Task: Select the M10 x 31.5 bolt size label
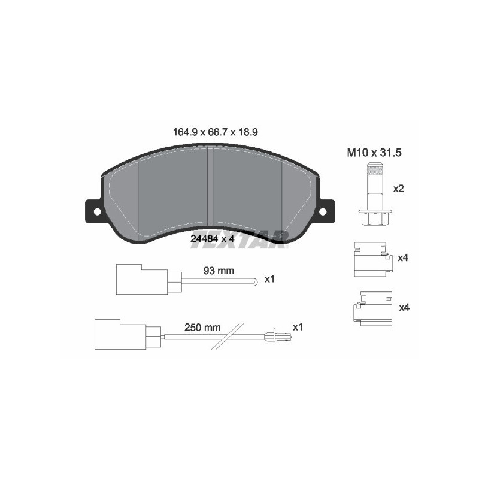coord(373,153)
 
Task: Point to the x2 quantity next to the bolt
coord(398,189)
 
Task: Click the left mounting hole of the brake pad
coord(95,211)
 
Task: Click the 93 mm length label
coord(218,270)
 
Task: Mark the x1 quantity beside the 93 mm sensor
coord(269,279)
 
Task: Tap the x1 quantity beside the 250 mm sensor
coord(298,327)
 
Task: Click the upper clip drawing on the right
coord(371,259)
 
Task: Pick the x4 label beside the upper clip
coord(404,258)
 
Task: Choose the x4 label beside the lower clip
coord(404,307)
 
